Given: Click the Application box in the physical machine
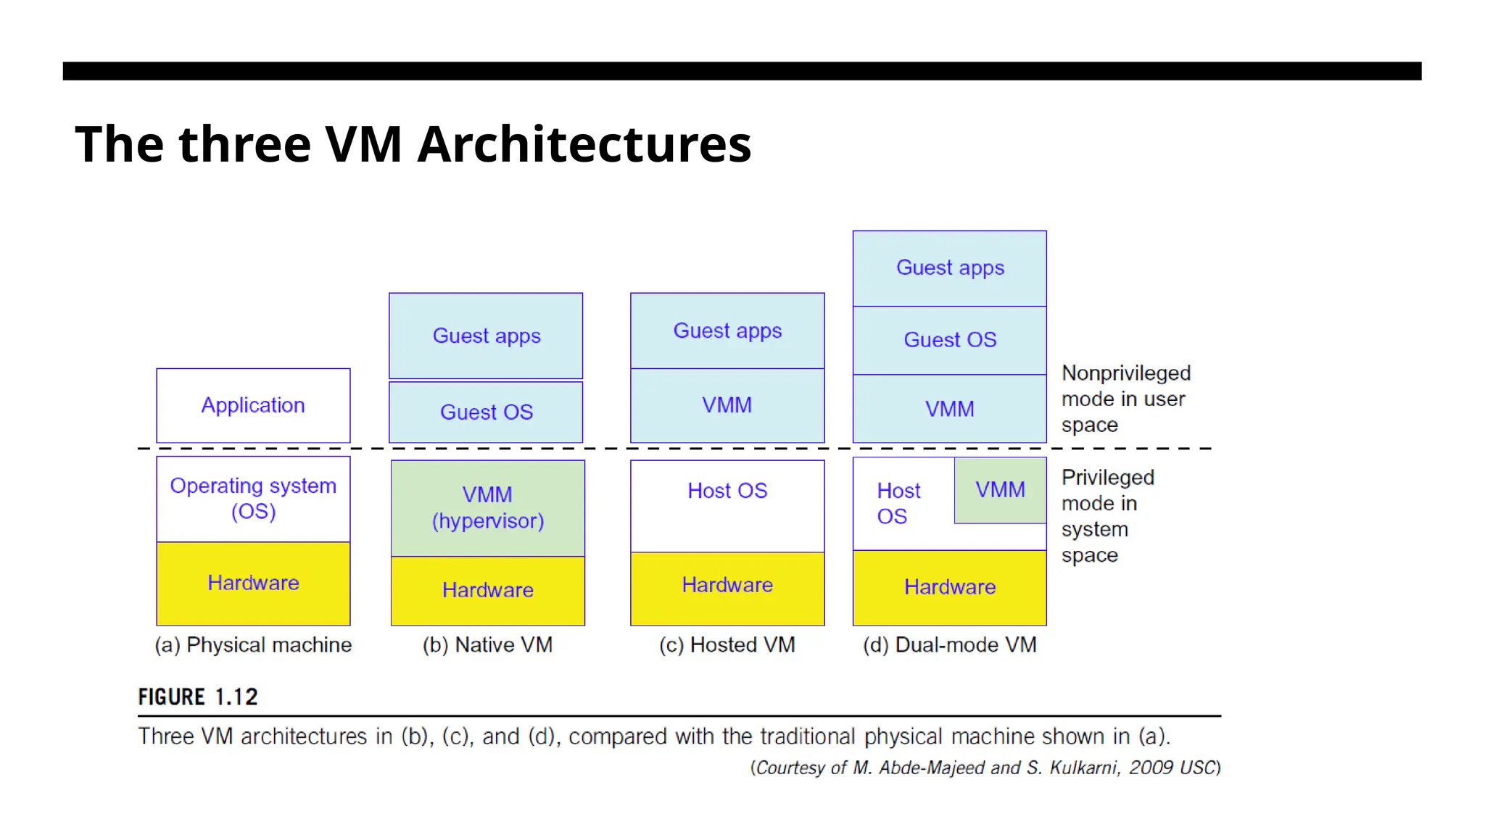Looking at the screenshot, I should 253,405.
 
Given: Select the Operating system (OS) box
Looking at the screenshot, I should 253,499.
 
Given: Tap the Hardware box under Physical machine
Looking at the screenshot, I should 253,583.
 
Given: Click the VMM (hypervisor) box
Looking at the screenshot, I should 487,507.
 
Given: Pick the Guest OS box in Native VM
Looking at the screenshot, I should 486,412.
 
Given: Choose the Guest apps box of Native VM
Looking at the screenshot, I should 486,336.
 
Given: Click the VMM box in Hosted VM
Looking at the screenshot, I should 727,405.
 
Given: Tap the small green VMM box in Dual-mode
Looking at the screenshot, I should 1000,490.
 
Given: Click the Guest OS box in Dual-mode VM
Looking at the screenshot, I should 949,340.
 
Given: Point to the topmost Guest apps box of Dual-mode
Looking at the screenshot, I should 949,268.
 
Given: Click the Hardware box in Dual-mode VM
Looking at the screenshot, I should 949,587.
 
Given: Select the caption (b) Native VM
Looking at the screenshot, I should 487,645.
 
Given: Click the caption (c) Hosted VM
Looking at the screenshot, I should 727,645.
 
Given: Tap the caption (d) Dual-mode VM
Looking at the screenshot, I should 949,645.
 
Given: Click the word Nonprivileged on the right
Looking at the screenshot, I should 1125,373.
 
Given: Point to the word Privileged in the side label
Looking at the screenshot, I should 1107,478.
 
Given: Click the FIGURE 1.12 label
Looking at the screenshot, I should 198,697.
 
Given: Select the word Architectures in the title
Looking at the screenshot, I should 584,144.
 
